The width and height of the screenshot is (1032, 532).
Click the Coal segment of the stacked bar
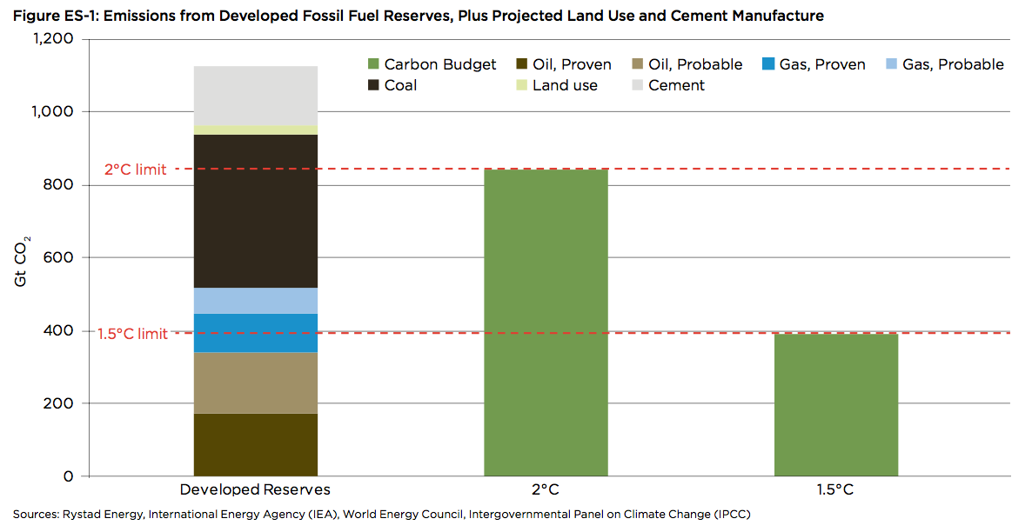coord(255,211)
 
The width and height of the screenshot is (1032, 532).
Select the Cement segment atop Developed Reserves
coord(255,95)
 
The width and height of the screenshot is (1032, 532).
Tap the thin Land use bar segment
coord(255,130)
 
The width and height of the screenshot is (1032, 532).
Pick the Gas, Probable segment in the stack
coord(255,301)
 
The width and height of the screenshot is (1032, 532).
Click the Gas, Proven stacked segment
coord(255,333)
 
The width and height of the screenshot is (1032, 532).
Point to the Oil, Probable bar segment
coord(255,382)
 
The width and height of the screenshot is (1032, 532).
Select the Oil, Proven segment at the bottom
coord(255,444)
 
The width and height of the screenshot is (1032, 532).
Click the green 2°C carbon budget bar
coord(546,323)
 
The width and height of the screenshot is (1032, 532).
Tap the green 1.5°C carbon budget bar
coord(835,404)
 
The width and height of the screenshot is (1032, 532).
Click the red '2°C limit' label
coord(135,170)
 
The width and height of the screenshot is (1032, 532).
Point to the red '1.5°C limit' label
coord(132,334)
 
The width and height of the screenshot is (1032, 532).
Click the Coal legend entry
coord(392,85)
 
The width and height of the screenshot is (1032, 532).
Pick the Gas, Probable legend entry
coord(943,64)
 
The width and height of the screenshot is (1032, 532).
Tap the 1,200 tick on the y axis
coord(54,39)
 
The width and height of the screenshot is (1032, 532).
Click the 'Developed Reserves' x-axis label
coord(255,489)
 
